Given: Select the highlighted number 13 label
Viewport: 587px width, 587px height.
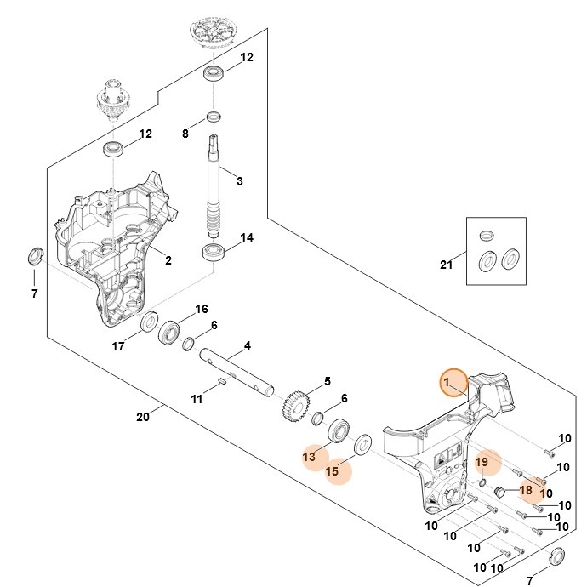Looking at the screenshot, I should tap(310, 457).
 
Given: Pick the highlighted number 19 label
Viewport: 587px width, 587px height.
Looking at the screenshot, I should tap(482, 462).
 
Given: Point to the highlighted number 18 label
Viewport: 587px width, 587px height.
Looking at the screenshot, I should tap(526, 490).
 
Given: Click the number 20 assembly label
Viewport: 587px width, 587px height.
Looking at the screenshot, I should tap(143, 416).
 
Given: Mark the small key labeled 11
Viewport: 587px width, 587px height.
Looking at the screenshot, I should tap(219, 380).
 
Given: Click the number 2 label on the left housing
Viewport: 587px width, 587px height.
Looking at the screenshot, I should tap(168, 260).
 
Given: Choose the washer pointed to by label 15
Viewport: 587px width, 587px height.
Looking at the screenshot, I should tap(362, 444).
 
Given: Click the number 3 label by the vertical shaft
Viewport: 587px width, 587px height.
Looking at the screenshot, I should tap(240, 181).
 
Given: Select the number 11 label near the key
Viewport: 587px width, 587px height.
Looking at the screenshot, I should tap(197, 398).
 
